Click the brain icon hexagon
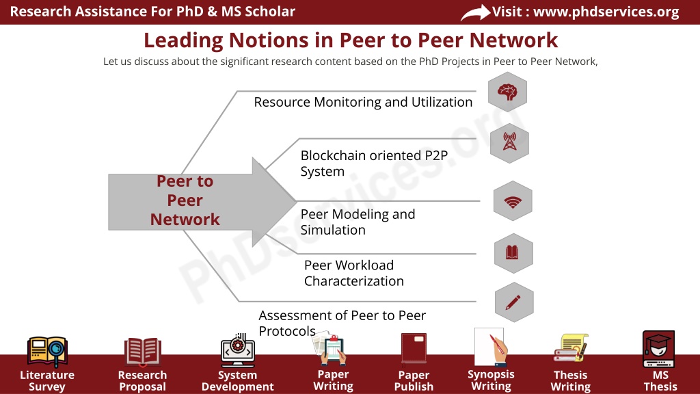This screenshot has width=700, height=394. tap(508, 92)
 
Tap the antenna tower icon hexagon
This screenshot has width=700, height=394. tap(509, 143)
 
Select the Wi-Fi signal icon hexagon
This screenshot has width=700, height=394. tap(513, 201)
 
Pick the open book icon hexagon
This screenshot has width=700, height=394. tap(513, 253)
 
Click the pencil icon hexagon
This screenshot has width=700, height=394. tap(514, 302)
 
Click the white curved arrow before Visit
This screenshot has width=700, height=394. tap(476, 12)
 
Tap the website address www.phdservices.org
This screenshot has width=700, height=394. tap(606, 12)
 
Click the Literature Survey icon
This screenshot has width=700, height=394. tap(47, 352)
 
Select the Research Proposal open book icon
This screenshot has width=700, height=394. tap(142, 351)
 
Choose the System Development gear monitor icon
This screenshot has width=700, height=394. tap(237, 350)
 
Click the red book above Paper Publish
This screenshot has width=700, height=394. tap(414, 348)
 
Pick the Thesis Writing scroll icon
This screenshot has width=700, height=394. tap(571, 348)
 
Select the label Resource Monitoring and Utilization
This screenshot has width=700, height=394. tap(363, 103)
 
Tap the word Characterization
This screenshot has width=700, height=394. tap(354, 281)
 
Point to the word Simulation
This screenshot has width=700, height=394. tap(333, 230)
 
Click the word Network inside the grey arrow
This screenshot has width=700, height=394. tap(185, 220)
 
